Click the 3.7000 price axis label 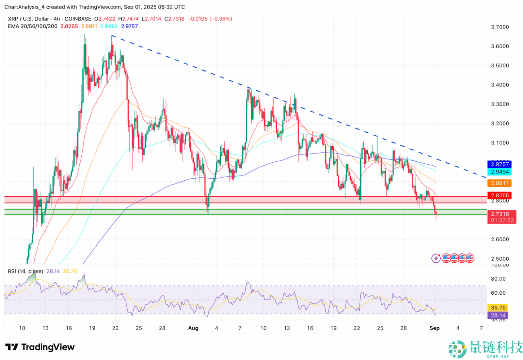[x=500, y=27]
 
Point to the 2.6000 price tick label [x=500, y=239]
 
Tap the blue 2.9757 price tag [x=500, y=164]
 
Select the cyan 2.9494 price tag [x=500, y=172]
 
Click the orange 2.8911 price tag [x=500, y=183]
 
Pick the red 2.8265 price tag [x=500, y=195]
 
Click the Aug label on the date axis [x=193, y=328]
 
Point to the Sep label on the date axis [x=434, y=328]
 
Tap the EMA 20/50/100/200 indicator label [x=33, y=26]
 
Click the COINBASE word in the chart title [x=78, y=19]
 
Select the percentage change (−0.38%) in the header [x=221, y=19]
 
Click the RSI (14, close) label [x=26, y=271]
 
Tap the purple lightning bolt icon [x=436, y=258]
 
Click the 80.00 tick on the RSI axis [x=498, y=279]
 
